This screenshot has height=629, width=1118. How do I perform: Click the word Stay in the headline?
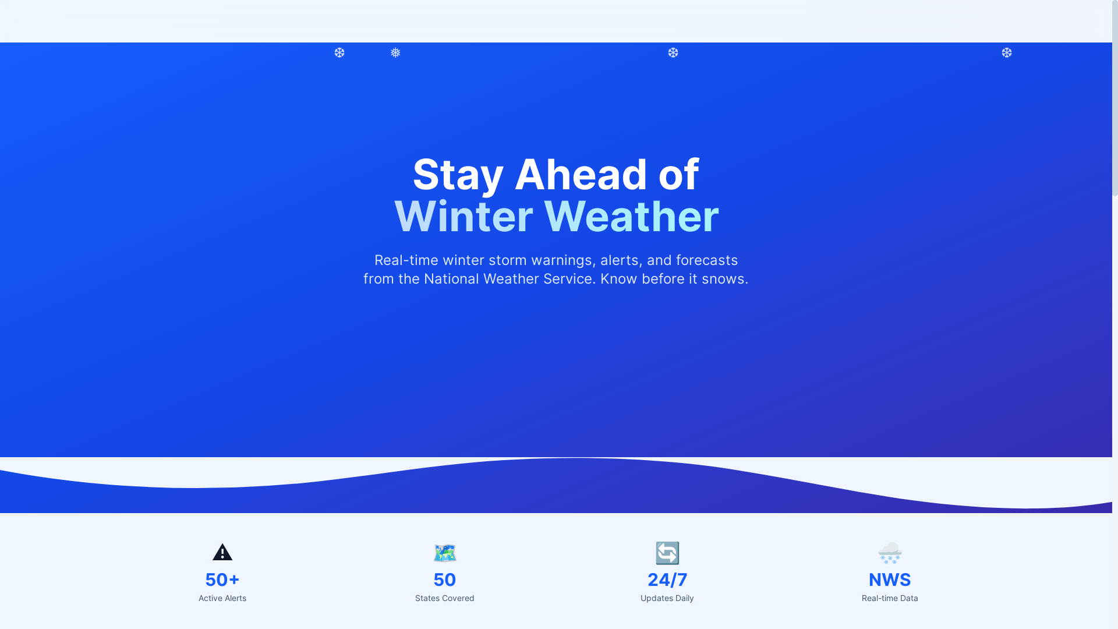(x=458, y=175)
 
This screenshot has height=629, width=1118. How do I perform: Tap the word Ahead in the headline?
(x=581, y=175)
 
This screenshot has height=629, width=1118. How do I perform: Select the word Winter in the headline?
(x=464, y=217)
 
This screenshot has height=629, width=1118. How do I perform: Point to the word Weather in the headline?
(x=631, y=217)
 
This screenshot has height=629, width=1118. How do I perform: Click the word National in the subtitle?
(x=451, y=279)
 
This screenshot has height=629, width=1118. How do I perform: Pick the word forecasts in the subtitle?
(x=706, y=260)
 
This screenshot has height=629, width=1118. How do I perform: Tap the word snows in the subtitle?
(x=723, y=279)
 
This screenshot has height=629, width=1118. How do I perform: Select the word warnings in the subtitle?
(x=561, y=260)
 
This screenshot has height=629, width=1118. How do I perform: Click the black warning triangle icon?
(x=222, y=552)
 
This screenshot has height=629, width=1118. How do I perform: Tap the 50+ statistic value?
(x=222, y=580)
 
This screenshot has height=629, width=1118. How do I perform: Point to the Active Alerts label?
(x=222, y=598)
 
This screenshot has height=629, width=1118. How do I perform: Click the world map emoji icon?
(x=445, y=553)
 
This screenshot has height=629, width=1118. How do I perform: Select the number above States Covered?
(x=445, y=580)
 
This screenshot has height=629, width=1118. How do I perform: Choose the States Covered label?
(x=445, y=598)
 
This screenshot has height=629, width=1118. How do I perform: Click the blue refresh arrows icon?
(x=667, y=553)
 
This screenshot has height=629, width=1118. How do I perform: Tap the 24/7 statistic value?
(x=667, y=580)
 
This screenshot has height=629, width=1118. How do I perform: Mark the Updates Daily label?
(x=667, y=598)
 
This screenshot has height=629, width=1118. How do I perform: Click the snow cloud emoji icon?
(x=890, y=553)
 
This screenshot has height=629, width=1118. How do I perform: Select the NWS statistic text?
(x=890, y=580)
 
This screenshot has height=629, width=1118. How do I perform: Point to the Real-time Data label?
(x=890, y=598)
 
